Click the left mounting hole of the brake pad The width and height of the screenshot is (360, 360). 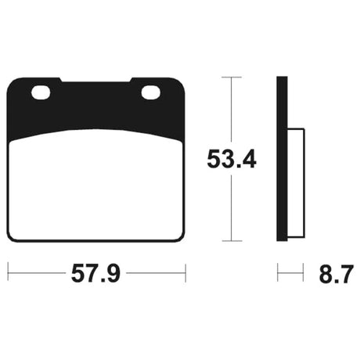coord(41,92)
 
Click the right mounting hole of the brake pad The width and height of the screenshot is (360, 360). coord(150,92)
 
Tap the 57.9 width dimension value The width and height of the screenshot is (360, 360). coord(95,273)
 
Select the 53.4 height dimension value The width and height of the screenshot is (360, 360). coord(232,159)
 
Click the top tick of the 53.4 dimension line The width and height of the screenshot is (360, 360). coord(232,77)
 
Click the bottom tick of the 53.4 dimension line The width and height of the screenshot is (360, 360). coord(232,241)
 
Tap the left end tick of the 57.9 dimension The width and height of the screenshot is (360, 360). coord(8,273)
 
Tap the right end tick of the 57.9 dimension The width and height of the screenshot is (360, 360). coord(185,273)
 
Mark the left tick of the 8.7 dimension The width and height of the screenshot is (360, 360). coord(278,273)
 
